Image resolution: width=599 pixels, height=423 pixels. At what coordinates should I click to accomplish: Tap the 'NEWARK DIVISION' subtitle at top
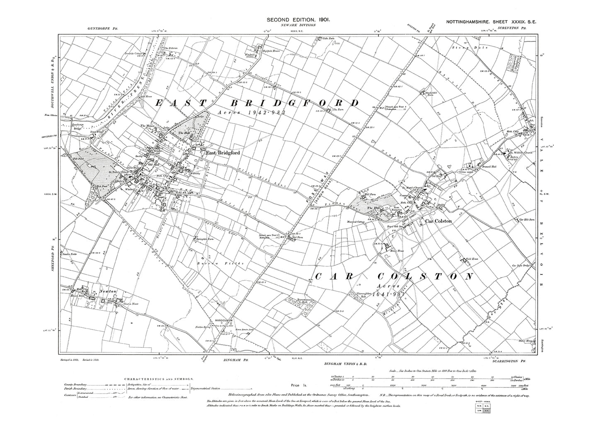pos(298,25)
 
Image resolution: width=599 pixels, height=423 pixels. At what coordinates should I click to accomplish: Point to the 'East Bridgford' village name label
pos(223,153)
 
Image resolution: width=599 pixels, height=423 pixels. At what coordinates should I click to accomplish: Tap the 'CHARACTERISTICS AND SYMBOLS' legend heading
pos(157,378)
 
